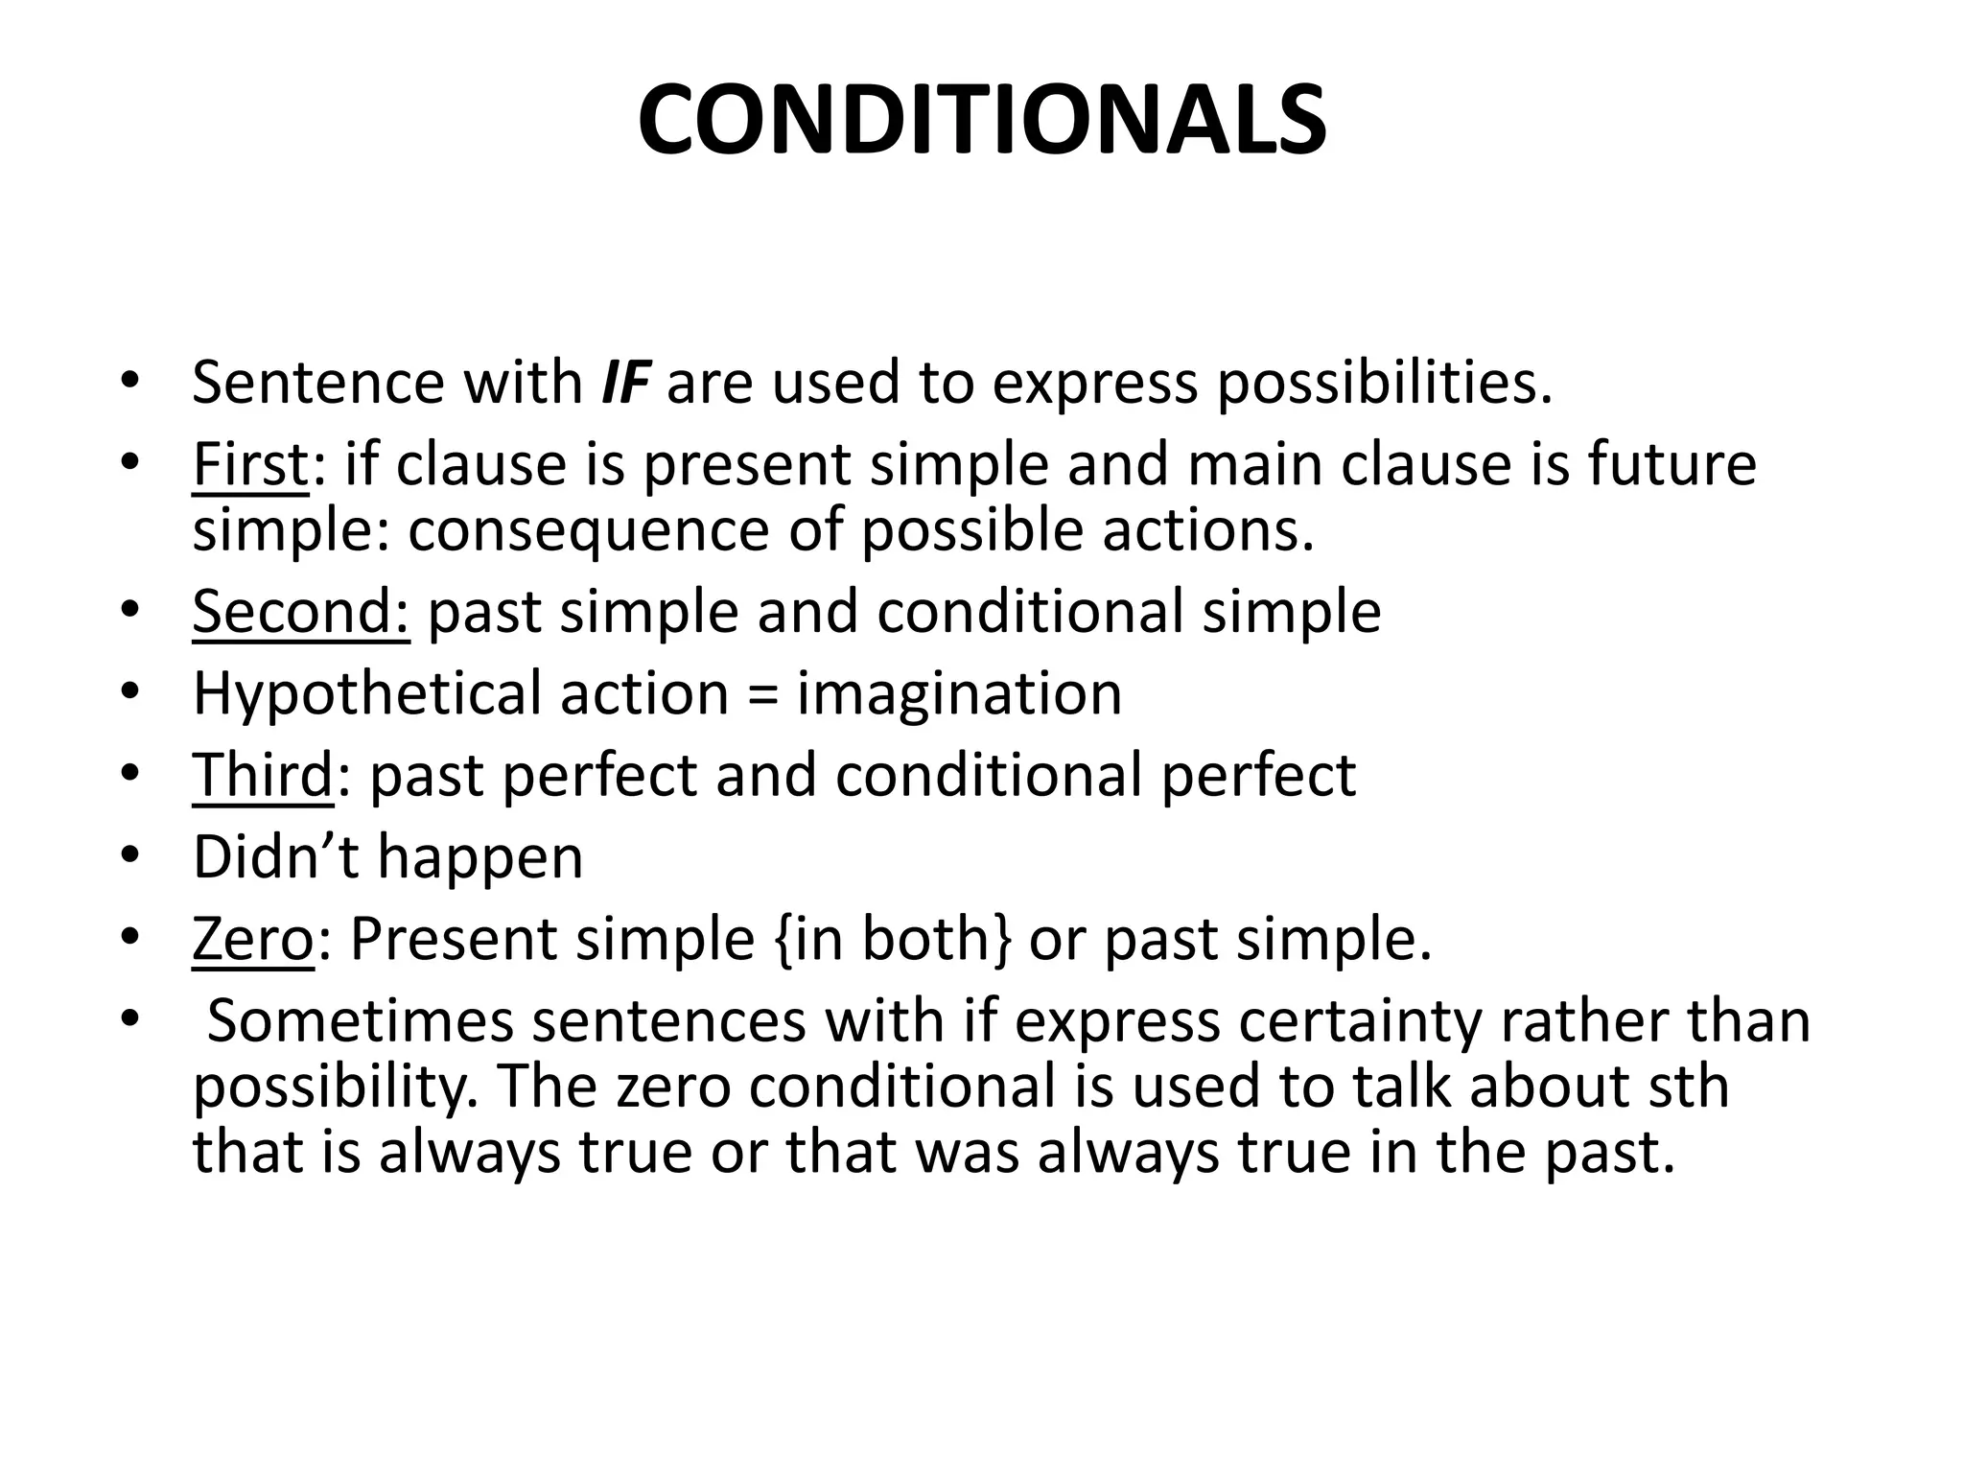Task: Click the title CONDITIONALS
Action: point(982,121)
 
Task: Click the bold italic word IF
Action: point(624,382)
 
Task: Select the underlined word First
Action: point(250,464)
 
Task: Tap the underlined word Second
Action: point(300,611)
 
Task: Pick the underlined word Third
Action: point(262,775)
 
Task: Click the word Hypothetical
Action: point(366,694)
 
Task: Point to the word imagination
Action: point(959,694)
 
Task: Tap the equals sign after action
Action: point(762,694)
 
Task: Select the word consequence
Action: point(588,530)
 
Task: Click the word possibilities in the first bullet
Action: point(1384,382)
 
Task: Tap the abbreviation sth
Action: point(1689,1087)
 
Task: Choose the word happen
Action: point(480,856)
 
